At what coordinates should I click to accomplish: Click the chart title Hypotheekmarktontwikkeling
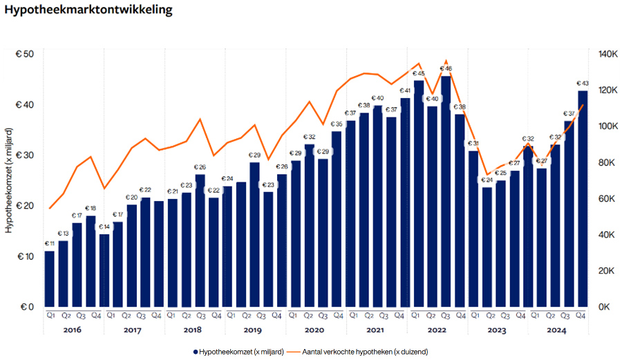[x=88, y=12]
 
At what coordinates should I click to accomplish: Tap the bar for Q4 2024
[x=583, y=200]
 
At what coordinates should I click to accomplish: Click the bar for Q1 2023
[x=473, y=228]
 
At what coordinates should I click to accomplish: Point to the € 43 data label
[x=583, y=84]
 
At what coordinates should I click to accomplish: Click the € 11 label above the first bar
[x=50, y=244]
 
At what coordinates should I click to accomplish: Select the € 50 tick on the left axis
[x=26, y=54]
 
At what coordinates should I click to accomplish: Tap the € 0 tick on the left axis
[x=26, y=307]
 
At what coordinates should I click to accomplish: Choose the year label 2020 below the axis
[x=315, y=330]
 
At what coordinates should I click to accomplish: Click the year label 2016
[x=72, y=330]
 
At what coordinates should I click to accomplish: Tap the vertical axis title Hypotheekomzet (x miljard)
[x=9, y=180]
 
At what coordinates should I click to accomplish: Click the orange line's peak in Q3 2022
[x=446, y=61]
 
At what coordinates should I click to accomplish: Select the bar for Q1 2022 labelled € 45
[x=419, y=193]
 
